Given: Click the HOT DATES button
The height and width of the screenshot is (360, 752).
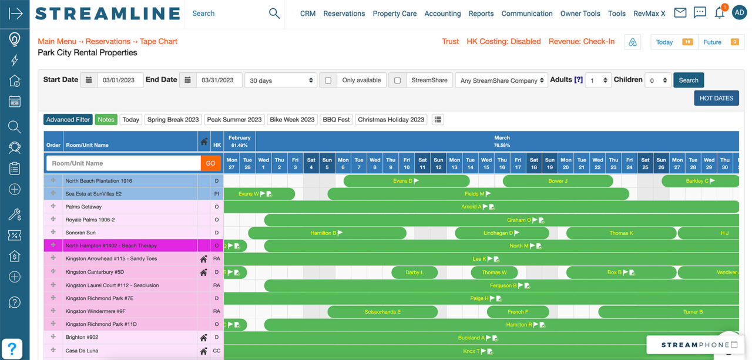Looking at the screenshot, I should click(716, 98).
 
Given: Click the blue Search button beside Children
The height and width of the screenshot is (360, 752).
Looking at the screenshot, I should click(689, 80).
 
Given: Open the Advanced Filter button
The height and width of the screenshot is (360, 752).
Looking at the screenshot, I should click(68, 120).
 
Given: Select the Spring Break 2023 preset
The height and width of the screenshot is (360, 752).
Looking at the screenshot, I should click(173, 120).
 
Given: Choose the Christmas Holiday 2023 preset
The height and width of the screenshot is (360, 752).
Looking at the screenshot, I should click(391, 120).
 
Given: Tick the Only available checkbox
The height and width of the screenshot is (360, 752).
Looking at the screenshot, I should click(328, 80).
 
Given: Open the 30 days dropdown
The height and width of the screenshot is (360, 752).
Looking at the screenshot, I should click(281, 80).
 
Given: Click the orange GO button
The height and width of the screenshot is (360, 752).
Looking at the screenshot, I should click(210, 163).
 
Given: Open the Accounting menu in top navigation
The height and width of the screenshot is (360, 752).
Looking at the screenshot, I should click(442, 14).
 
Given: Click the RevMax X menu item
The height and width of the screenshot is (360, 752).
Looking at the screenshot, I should click(649, 14).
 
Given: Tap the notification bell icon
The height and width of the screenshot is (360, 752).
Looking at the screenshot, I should click(719, 13).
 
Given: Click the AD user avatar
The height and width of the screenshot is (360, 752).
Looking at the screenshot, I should click(739, 13).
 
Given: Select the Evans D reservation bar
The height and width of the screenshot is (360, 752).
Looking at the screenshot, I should click(406, 181).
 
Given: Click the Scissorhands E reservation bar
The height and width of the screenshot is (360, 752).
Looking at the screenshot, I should click(382, 312).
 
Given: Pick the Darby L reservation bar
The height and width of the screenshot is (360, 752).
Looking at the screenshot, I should click(414, 272).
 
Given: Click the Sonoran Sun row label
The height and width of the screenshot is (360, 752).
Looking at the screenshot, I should click(81, 233).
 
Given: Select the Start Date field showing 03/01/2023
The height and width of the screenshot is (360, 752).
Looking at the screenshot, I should click(119, 80).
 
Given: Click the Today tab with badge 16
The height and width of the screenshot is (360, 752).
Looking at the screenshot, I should click(673, 42).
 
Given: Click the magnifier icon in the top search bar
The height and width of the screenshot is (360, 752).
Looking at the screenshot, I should click(274, 14).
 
